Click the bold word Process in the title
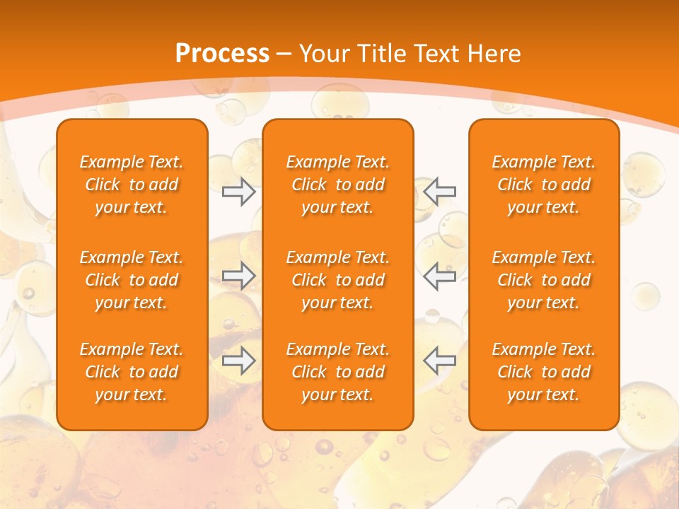click(222, 54)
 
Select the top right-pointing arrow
click(238, 192)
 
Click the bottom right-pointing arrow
click(238, 361)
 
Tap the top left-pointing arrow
click(439, 191)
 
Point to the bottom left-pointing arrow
click(439, 361)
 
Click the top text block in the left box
click(132, 185)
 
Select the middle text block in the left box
click(132, 280)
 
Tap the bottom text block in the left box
click(132, 372)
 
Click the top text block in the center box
click(337, 185)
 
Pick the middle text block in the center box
click(337, 280)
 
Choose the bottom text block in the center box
click(337, 372)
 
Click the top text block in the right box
click(544, 185)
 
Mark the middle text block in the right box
click(544, 280)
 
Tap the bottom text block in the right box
click(544, 372)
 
